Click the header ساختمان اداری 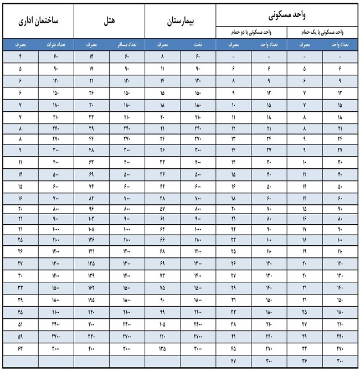(x=38, y=20)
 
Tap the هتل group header (x=109, y=20)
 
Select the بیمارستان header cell (x=180, y=20)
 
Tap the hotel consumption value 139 (x=91, y=275)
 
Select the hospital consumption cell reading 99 (x=162, y=312)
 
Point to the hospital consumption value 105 (x=162, y=324)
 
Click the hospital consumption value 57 (x=162, y=209)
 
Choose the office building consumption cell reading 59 (x=20, y=336)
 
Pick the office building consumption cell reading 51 (x=20, y=324)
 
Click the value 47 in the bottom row (x=233, y=360)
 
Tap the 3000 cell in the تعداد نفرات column (x=56, y=348)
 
